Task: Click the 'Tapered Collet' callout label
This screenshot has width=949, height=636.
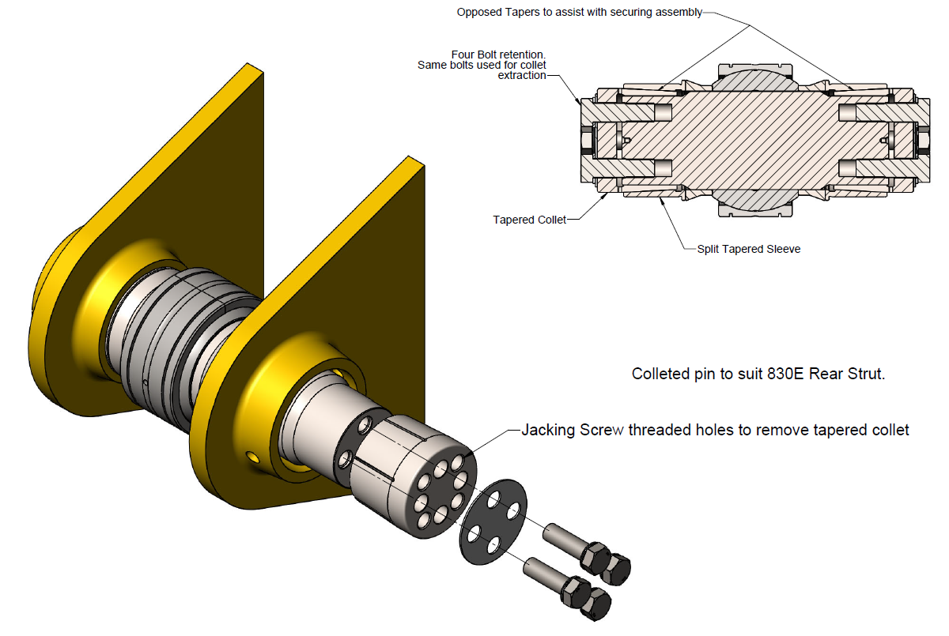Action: tap(529, 220)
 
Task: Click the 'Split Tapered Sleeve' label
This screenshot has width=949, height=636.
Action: tap(749, 249)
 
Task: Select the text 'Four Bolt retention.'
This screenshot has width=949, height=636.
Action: tap(498, 55)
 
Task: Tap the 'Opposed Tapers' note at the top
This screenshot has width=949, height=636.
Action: tap(579, 13)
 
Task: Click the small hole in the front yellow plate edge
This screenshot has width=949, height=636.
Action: tap(252, 456)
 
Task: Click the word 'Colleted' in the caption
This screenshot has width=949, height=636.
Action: tap(659, 374)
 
